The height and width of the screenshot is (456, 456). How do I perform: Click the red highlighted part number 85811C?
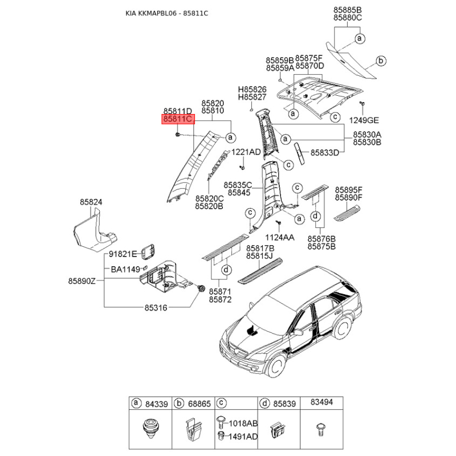pyautogui.click(x=178, y=120)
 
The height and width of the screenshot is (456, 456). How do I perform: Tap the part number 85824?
pyautogui.click(x=91, y=202)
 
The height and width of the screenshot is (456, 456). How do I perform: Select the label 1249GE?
pyautogui.click(x=364, y=121)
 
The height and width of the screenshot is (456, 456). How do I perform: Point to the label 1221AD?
pyautogui.click(x=246, y=152)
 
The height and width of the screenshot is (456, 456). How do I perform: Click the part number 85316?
pyautogui.click(x=156, y=308)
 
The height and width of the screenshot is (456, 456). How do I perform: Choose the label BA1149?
pyautogui.click(x=125, y=269)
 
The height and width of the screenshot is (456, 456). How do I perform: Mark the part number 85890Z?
pyautogui.click(x=83, y=282)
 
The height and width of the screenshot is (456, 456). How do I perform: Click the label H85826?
pyautogui.click(x=253, y=90)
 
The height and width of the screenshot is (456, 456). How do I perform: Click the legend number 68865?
pyautogui.click(x=199, y=404)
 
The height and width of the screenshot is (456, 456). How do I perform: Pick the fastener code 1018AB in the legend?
pyautogui.click(x=243, y=424)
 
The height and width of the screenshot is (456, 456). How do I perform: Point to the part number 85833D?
pyautogui.click(x=325, y=153)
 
